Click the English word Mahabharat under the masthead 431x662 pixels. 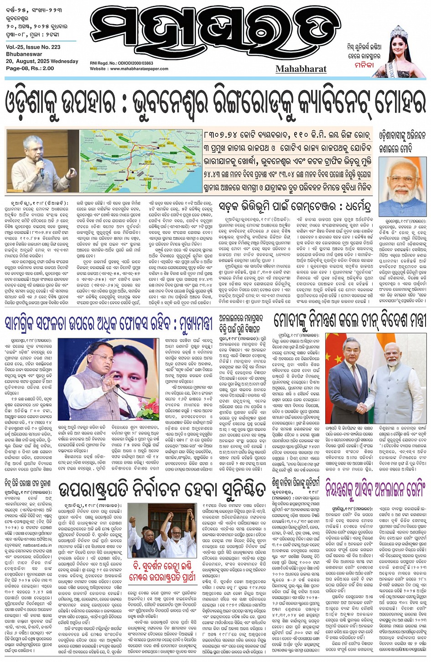301,69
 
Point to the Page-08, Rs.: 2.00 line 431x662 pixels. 30,68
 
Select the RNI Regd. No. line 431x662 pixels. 121,63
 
